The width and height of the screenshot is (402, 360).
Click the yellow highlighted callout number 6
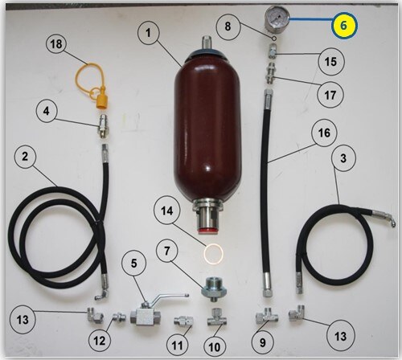(344, 25)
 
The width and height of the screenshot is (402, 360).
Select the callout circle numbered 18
(56, 44)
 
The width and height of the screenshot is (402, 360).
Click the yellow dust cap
(100, 98)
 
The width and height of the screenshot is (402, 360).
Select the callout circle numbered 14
(166, 211)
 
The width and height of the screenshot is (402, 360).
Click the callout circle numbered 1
(149, 32)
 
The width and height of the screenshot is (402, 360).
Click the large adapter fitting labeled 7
(214, 289)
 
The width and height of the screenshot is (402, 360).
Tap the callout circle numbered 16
(324, 133)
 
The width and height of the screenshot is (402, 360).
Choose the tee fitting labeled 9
(266, 315)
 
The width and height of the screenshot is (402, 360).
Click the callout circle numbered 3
(343, 158)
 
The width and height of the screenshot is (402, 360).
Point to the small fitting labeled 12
(119, 318)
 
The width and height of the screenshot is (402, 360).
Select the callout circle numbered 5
(134, 263)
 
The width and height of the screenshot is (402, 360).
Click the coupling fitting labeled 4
(104, 126)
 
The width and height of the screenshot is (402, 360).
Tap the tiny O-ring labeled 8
(274, 39)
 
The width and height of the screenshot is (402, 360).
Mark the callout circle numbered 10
(215, 347)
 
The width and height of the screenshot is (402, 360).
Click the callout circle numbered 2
(25, 156)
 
